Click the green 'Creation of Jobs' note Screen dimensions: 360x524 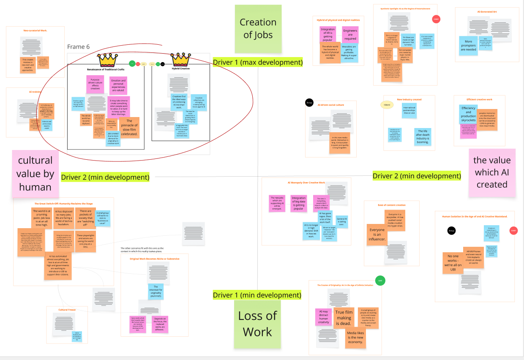[258, 29]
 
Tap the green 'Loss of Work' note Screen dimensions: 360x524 [257, 324]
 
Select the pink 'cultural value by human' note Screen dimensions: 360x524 [35, 173]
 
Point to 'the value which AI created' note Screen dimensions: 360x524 [492, 172]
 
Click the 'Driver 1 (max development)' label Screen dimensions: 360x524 [258, 63]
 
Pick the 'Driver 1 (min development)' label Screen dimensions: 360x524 [257, 295]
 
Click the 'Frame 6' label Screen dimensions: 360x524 [78, 47]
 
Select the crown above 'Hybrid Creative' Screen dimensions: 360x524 [180, 60]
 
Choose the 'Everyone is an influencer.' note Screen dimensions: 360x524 [377, 235]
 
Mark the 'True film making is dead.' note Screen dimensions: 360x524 [344, 318]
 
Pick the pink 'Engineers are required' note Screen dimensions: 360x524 [350, 35]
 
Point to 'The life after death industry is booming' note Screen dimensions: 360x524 [422, 136]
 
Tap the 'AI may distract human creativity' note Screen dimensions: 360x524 [323, 317]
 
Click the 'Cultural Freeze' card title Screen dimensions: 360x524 [67, 310]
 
